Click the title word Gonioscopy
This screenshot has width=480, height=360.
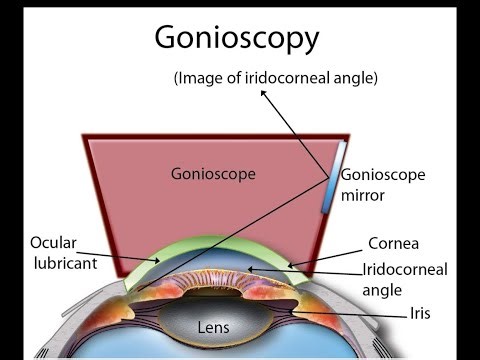point(236,38)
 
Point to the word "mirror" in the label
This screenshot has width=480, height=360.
point(363,196)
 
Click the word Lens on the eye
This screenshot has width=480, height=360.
point(212,326)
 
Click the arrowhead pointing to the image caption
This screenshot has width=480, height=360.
point(262,93)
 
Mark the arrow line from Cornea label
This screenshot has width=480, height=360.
point(330,254)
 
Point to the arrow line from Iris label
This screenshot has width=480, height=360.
point(350,313)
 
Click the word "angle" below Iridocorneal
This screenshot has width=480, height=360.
point(383,290)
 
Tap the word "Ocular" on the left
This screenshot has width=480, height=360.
point(54,242)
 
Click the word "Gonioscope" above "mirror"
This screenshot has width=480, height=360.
point(382,176)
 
